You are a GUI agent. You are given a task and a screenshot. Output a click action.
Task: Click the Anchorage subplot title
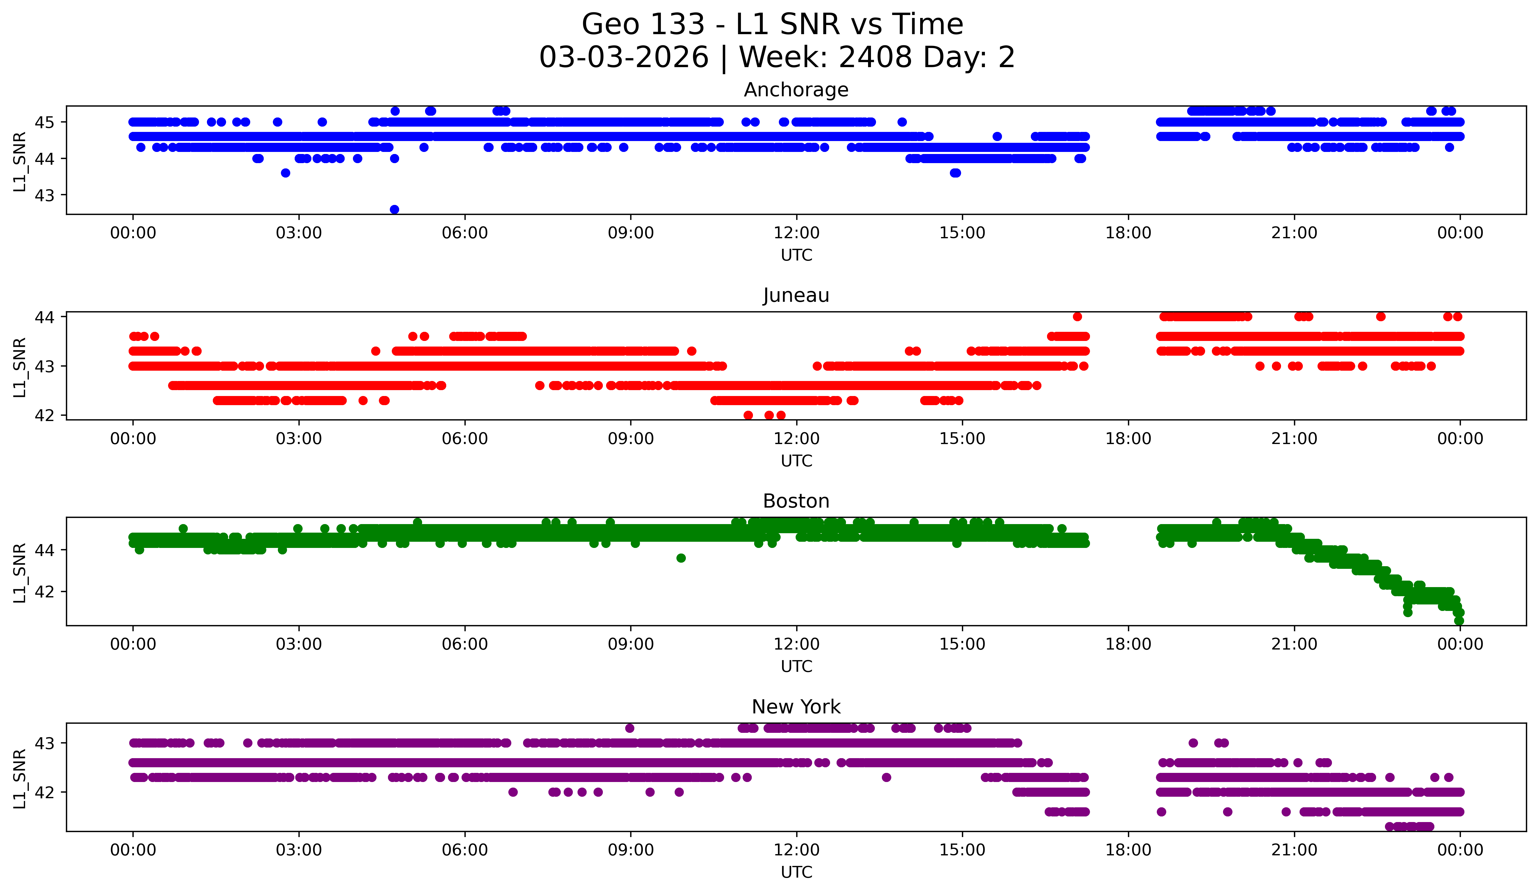pos(796,90)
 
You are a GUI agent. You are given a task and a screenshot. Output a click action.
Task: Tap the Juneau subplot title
pos(796,295)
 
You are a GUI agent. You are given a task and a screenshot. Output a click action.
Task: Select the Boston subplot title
pos(796,501)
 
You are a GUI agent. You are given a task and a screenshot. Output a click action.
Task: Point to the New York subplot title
pos(796,707)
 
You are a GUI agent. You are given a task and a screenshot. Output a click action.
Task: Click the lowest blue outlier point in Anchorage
pos(394,209)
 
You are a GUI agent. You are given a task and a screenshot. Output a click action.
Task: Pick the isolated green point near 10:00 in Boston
pos(681,558)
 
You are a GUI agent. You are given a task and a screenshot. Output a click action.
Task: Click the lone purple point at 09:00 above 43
pos(630,728)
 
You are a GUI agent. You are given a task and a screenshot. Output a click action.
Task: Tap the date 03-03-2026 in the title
pos(624,57)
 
